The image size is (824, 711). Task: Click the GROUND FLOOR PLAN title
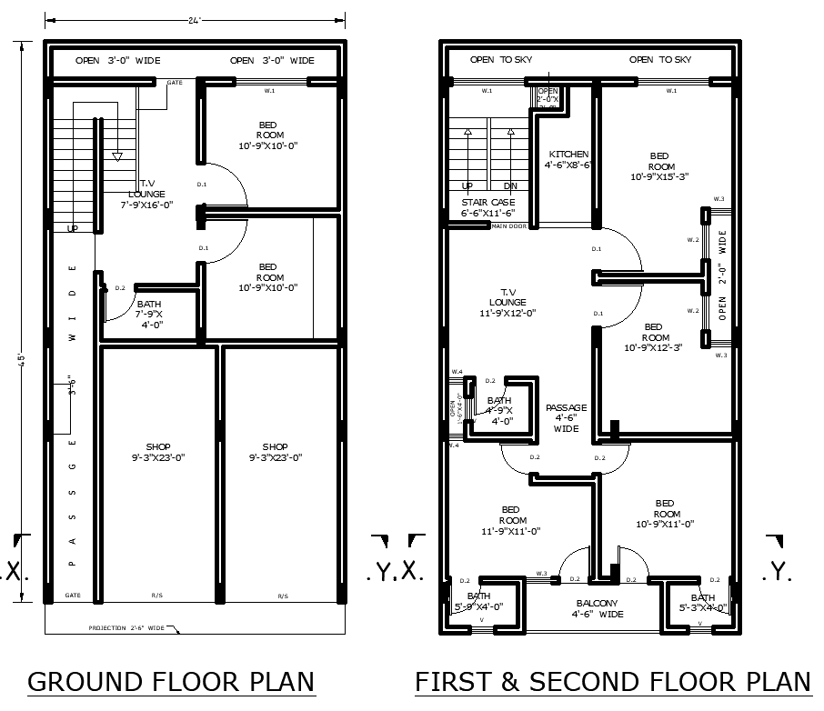pos(171,682)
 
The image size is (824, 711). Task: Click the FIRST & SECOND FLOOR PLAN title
pos(612,682)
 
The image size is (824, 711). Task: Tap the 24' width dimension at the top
pos(195,19)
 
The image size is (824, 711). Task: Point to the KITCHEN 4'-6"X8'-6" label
pos(568,160)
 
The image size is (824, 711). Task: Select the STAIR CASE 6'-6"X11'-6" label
pos(488,207)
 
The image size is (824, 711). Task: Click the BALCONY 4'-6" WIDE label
pos(598,608)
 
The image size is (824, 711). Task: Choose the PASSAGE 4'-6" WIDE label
pos(566,418)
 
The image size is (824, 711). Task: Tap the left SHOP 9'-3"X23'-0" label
pos(158,452)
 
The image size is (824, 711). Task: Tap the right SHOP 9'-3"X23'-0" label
pos(275,452)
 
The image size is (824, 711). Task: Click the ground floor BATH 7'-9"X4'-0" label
pos(150,314)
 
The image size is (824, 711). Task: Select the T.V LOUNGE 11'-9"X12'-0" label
pos(507,302)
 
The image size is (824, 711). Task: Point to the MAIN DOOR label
pos(509,226)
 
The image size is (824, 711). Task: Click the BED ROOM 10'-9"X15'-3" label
pos(661,166)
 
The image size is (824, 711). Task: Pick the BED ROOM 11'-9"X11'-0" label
pos(510,520)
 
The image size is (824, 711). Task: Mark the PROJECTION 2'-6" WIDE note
pos(126,628)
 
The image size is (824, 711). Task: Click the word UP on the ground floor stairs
pos(73,229)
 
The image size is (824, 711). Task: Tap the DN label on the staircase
pos(510,185)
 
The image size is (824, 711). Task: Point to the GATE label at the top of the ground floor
pos(174,83)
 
